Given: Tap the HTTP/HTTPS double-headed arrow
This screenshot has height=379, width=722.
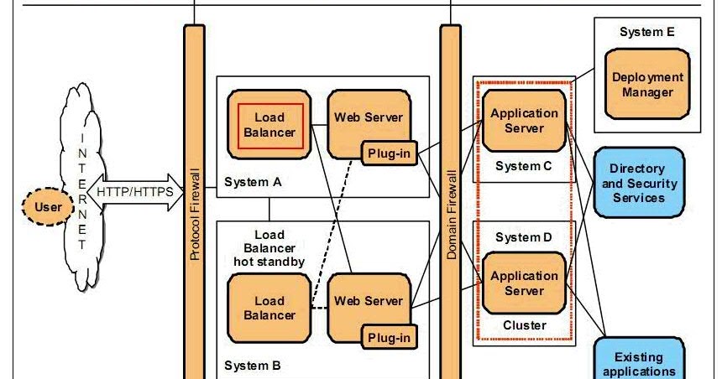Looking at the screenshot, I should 135,192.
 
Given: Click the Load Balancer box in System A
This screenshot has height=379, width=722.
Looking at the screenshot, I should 269,124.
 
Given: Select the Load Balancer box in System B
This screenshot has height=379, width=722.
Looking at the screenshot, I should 269,308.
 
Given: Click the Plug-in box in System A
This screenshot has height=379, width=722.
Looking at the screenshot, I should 389,153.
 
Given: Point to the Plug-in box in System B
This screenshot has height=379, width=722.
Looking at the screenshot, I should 389,338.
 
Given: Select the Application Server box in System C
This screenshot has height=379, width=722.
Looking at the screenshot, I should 524,121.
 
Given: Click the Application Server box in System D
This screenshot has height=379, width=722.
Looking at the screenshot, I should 524,283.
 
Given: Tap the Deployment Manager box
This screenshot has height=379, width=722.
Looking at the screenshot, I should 647,85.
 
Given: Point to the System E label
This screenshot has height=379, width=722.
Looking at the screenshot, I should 646,33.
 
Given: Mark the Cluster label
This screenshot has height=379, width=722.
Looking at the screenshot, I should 524,325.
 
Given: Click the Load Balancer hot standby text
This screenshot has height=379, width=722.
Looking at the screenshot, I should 269,248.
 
